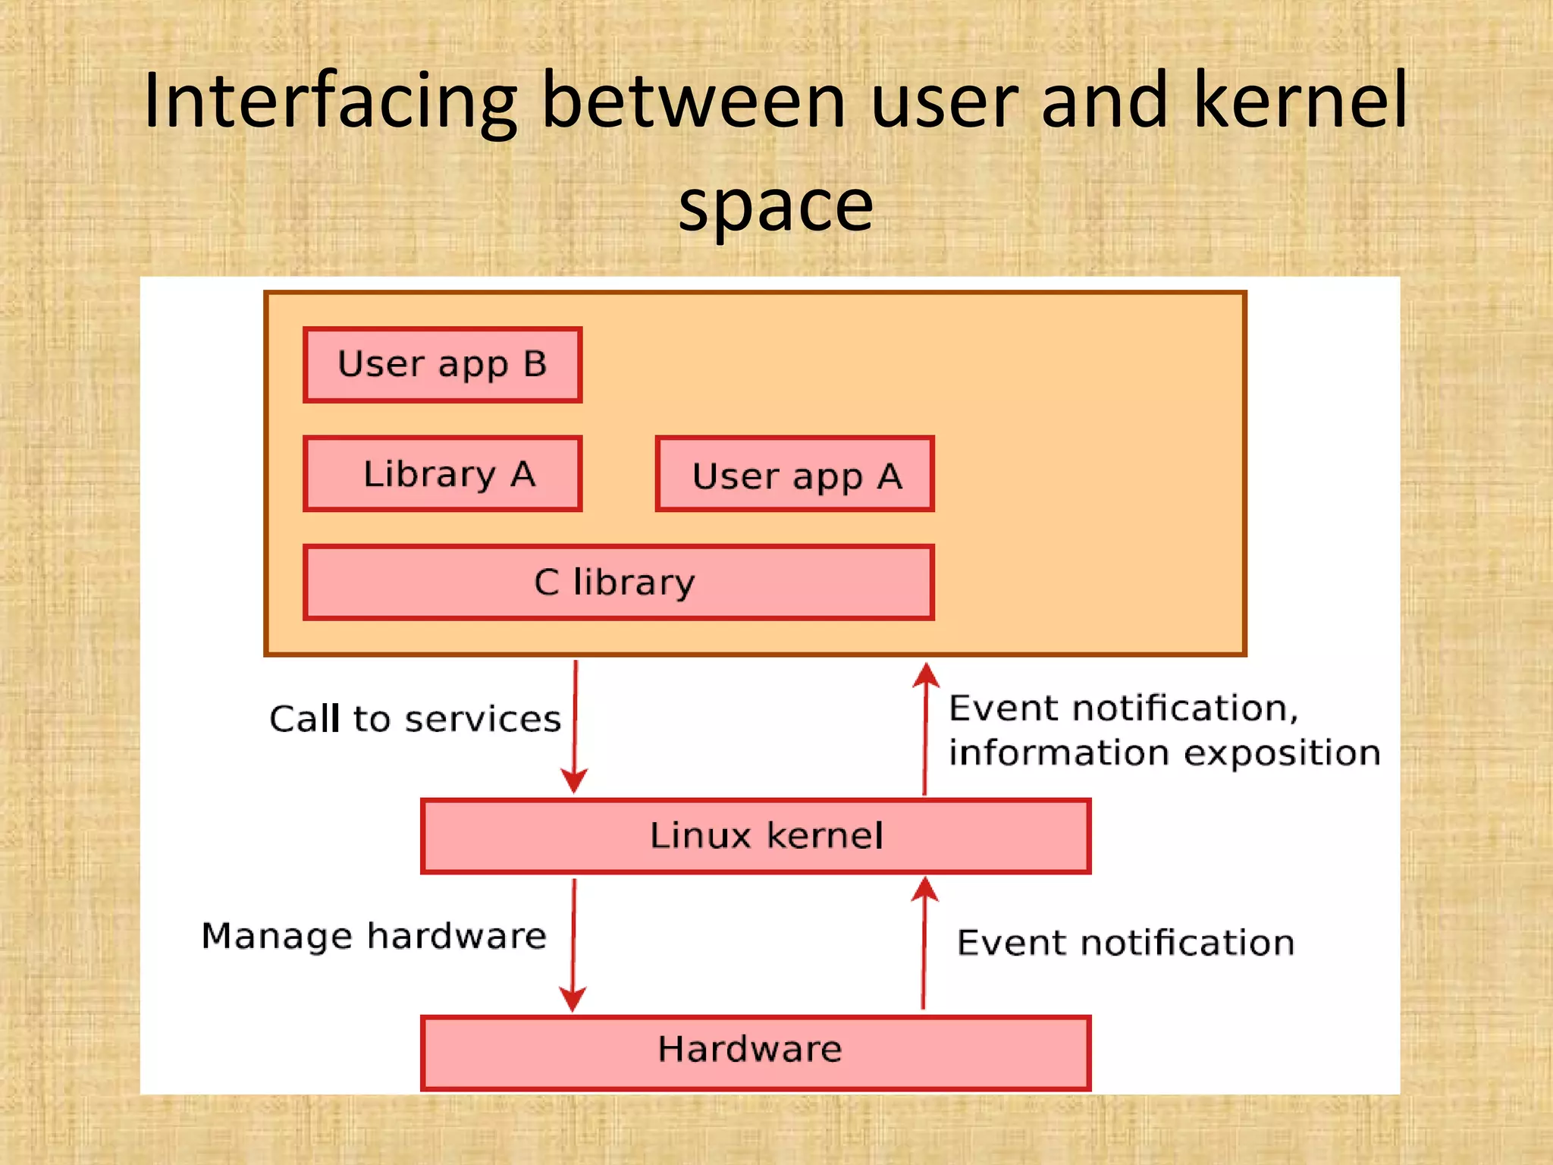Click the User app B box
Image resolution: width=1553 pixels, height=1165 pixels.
pos(442,365)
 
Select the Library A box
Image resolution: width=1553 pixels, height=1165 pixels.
pos(442,474)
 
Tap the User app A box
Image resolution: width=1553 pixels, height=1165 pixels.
pos(795,475)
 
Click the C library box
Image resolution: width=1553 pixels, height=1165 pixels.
pos(618,582)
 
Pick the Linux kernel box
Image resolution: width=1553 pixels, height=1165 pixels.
pos(755,836)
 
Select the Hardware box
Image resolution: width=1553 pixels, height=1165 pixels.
pos(755,1052)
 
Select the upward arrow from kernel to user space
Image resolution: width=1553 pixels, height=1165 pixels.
pos(925,728)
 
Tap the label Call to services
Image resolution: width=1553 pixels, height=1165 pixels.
pos(415,719)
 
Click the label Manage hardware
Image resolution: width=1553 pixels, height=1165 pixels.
pos(373,936)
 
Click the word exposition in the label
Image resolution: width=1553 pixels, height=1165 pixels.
pos(1282,754)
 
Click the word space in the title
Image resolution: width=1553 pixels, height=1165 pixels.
pos(776,206)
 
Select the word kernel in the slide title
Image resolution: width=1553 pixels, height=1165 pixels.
pos(1300,100)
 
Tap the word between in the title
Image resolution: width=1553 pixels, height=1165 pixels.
pos(693,100)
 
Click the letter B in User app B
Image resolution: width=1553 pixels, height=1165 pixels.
pos(535,364)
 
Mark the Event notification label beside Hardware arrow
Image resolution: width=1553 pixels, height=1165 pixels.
pos(1125,943)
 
